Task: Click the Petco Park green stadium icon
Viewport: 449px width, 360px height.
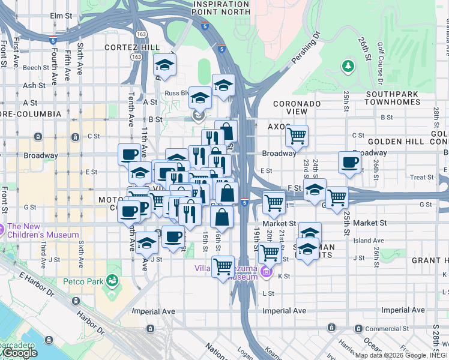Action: coord(111,280)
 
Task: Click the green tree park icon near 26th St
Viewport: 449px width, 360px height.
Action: coord(348,65)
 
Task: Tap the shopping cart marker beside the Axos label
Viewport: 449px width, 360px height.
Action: coord(297,136)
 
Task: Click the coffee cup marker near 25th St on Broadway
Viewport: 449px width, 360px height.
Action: coord(349,161)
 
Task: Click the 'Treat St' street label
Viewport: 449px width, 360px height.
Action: coord(422,177)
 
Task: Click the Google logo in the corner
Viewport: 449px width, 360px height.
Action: coord(20,353)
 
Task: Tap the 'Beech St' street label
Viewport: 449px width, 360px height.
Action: coord(36,68)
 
